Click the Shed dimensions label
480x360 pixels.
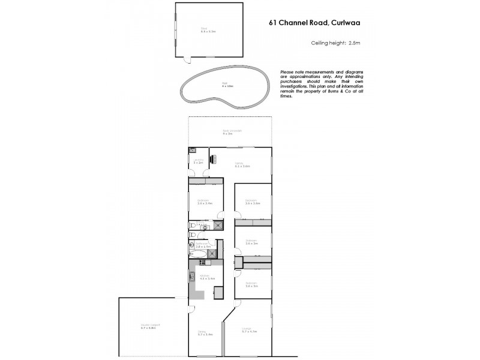click(208, 31)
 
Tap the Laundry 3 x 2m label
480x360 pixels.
click(199, 162)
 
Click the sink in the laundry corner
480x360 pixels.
click(192, 150)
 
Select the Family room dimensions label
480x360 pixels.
click(242, 166)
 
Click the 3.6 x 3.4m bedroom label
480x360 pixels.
click(205, 203)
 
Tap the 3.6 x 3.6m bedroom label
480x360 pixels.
click(252, 203)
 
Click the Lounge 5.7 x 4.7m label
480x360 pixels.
click(248, 330)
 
